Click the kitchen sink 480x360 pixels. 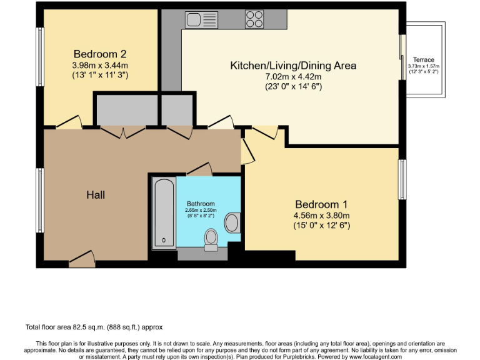[x=201, y=19]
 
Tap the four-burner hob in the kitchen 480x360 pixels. [x=254, y=19]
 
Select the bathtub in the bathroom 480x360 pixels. [x=164, y=212]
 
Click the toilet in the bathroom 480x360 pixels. [x=211, y=238]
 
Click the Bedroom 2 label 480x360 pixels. [x=100, y=53]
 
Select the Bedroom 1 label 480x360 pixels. [x=321, y=204]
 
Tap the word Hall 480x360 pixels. [x=96, y=195]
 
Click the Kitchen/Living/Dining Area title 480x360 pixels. [x=293, y=65]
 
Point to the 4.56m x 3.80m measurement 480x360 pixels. [x=321, y=216]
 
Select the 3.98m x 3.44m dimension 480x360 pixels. [x=100, y=64]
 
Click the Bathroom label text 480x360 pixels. [x=201, y=204]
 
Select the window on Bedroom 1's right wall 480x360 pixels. [x=402, y=180]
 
